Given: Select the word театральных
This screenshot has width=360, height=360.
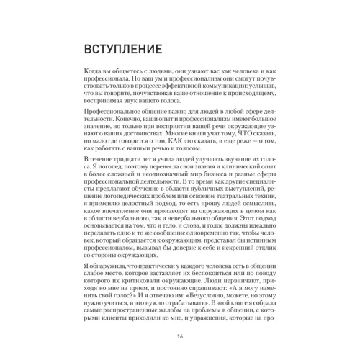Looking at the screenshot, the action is click(x=235, y=217).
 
